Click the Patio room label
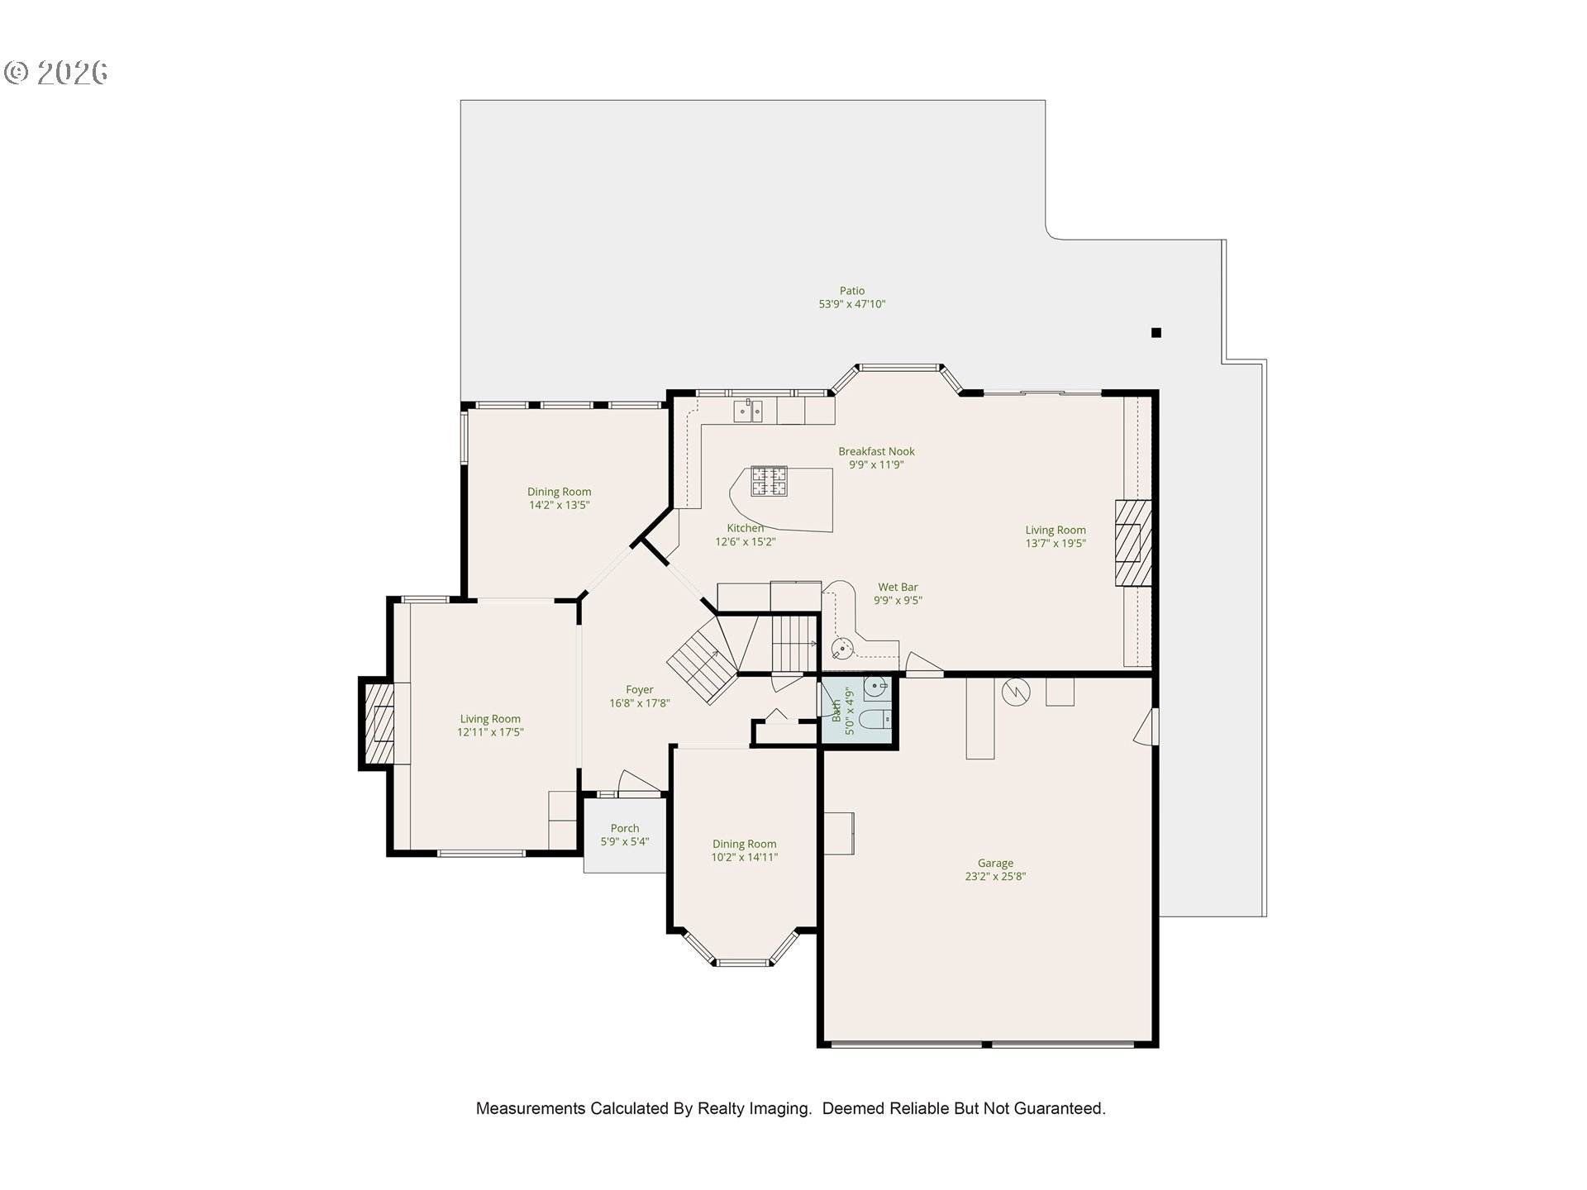(851, 291)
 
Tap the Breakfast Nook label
(876, 451)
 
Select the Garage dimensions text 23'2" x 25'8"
(995, 877)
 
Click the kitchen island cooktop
(769, 481)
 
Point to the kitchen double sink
(749, 411)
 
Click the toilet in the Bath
(875, 720)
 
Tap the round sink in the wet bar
(842, 648)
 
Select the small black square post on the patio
(1156, 333)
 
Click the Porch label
(625, 828)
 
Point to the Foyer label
(639, 689)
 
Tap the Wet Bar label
(898, 588)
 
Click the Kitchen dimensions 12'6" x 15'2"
(746, 542)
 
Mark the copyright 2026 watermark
(56, 73)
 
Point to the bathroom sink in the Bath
(875, 685)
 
